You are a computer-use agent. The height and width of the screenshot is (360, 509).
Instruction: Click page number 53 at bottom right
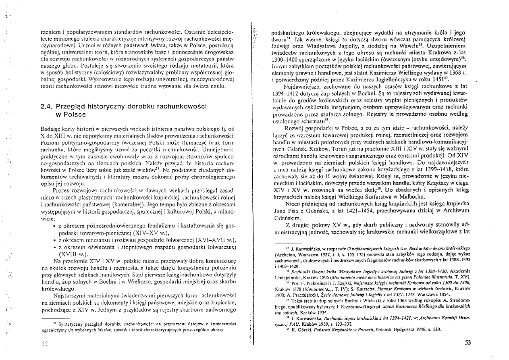468,343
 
